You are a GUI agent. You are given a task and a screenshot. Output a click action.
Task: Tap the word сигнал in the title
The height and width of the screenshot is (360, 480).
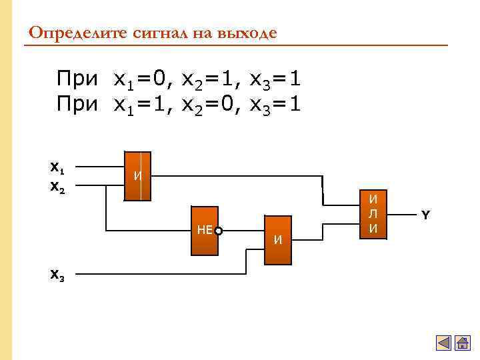(x=151, y=33)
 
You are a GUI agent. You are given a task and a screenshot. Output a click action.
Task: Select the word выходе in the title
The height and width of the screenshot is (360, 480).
(x=246, y=33)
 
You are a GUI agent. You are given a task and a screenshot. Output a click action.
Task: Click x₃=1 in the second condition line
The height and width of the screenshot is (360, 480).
(x=275, y=105)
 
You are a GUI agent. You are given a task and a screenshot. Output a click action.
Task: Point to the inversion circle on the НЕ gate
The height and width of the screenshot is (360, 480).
(x=218, y=231)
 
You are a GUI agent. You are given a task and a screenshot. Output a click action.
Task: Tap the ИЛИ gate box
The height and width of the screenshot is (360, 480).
(x=374, y=214)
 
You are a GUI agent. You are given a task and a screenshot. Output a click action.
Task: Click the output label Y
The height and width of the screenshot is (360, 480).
(x=425, y=215)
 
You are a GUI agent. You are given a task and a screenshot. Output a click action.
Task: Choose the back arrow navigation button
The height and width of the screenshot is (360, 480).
(x=444, y=343)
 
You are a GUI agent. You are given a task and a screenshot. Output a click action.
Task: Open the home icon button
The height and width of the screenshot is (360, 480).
(x=463, y=343)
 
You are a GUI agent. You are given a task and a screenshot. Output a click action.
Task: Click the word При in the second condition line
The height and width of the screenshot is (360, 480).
(x=77, y=105)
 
